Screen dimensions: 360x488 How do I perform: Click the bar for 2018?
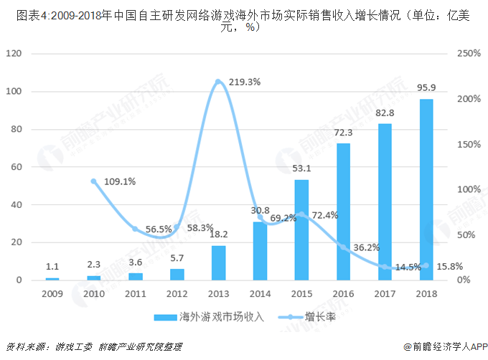tap(426, 189)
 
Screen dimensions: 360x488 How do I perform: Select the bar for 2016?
tap(343, 212)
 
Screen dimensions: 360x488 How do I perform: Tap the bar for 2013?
tap(218, 262)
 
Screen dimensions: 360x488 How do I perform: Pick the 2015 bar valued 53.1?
tap(301, 229)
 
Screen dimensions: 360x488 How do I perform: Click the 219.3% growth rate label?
tap(245, 82)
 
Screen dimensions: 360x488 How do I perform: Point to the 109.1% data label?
tap(120, 181)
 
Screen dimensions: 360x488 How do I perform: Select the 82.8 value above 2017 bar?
tap(385, 113)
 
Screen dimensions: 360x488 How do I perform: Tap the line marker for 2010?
tap(93, 181)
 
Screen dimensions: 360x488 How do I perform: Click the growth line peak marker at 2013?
tap(218, 82)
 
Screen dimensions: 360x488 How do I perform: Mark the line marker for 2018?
tap(426, 265)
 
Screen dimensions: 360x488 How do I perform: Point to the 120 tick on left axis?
tap(19, 54)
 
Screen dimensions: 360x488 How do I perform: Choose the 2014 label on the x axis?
tap(260, 294)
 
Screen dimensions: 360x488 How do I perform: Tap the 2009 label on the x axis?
tap(52, 294)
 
